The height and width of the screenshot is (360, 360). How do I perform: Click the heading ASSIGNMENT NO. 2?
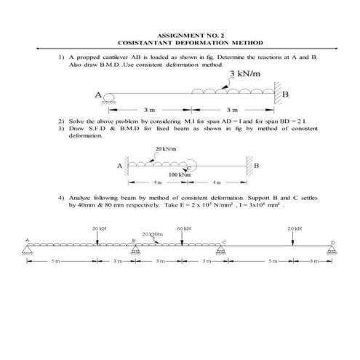(x=180, y=35)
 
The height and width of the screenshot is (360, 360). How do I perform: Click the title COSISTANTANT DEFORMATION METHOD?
(x=180, y=43)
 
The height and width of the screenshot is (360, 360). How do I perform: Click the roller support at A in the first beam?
(x=109, y=97)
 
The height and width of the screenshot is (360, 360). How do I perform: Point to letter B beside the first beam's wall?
(x=285, y=95)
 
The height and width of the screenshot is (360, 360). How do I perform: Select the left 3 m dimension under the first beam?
(x=151, y=110)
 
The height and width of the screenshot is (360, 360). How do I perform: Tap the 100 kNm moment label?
(x=179, y=175)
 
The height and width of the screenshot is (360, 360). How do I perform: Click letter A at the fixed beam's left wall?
(x=119, y=164)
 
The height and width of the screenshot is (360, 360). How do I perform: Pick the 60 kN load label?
(x=183, y=228)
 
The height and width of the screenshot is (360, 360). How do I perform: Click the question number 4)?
(x=61, y=197)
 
